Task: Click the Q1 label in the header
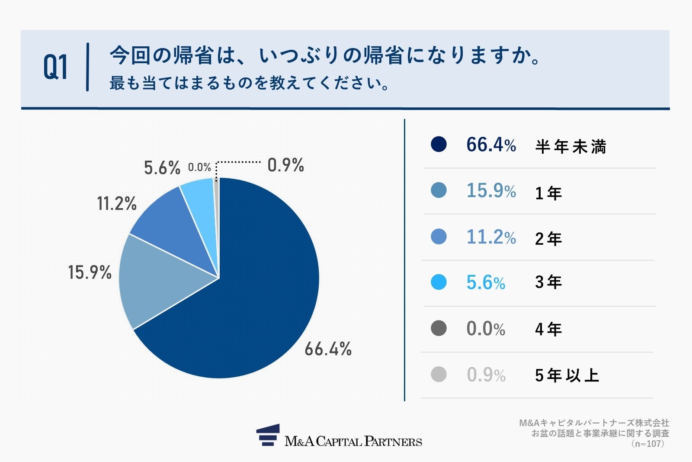click(x=55, y=68)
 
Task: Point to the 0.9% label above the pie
click(x=285, y=165)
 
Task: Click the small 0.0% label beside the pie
click(x=199, y=167)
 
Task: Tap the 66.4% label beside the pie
click(x=328, y=349)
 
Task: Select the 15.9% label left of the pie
click(x=90, y=272)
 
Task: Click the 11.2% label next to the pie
click(x=117, y=204)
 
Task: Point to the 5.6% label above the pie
click(x=162, y=168)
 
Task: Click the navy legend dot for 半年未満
click(x=439, y=144)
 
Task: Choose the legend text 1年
click(x=548, y=193)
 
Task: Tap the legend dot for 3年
click(x=439, y=282)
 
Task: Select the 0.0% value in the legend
click(x=486, y=329)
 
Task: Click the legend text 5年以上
click(x=567, y=375)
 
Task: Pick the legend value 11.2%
click(x=491, y=237)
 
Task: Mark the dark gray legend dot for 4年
click(x=439, y=328)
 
